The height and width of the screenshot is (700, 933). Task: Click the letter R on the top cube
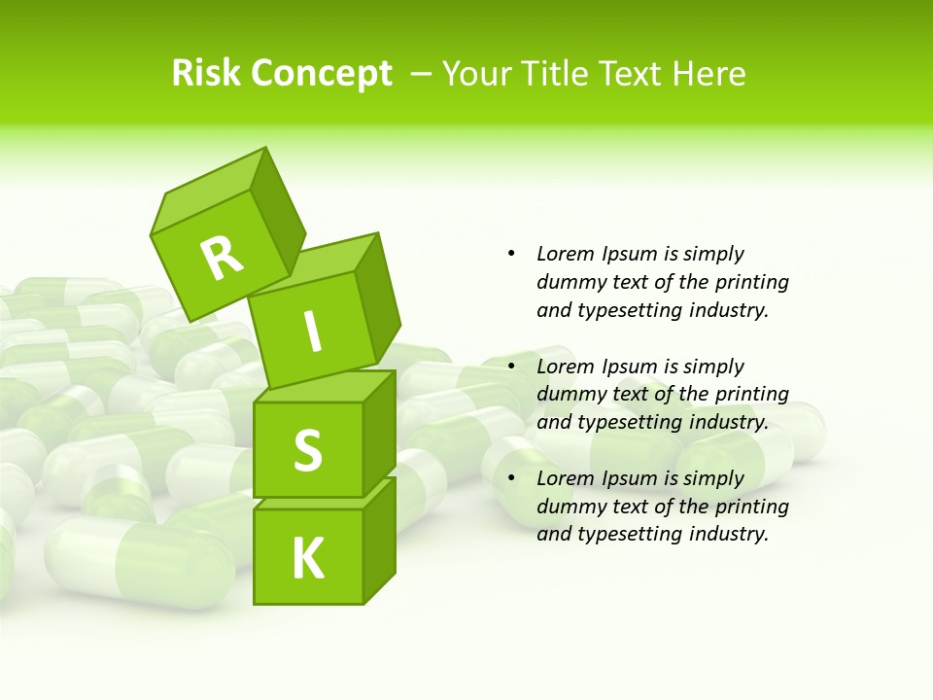(x=222, y=259)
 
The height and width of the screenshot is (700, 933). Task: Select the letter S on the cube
(x=307, y=450)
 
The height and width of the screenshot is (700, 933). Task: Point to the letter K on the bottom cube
(x=307, y=559)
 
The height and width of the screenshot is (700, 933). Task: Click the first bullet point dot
(x=511, y=254)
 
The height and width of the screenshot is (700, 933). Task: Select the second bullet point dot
(x=511, y=367)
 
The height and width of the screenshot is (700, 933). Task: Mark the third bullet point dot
(x=511, y=478)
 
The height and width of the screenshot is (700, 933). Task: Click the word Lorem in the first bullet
(x=564, y=254)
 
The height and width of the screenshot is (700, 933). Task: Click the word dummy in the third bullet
(x=570, y=507)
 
